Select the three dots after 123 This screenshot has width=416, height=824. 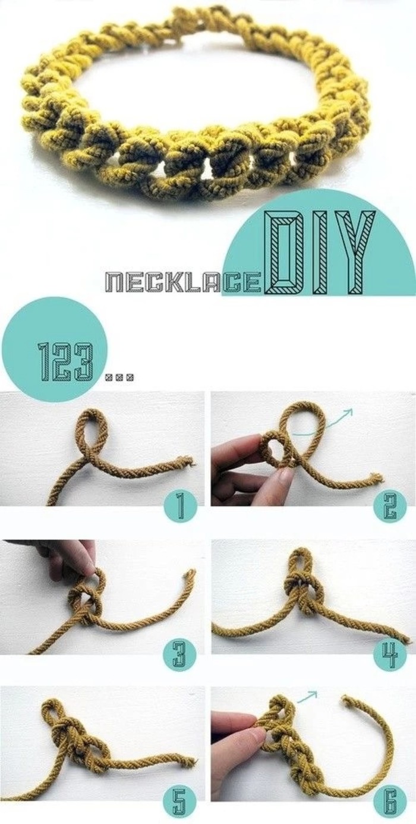pyautogui.click(x=119, y=376)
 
